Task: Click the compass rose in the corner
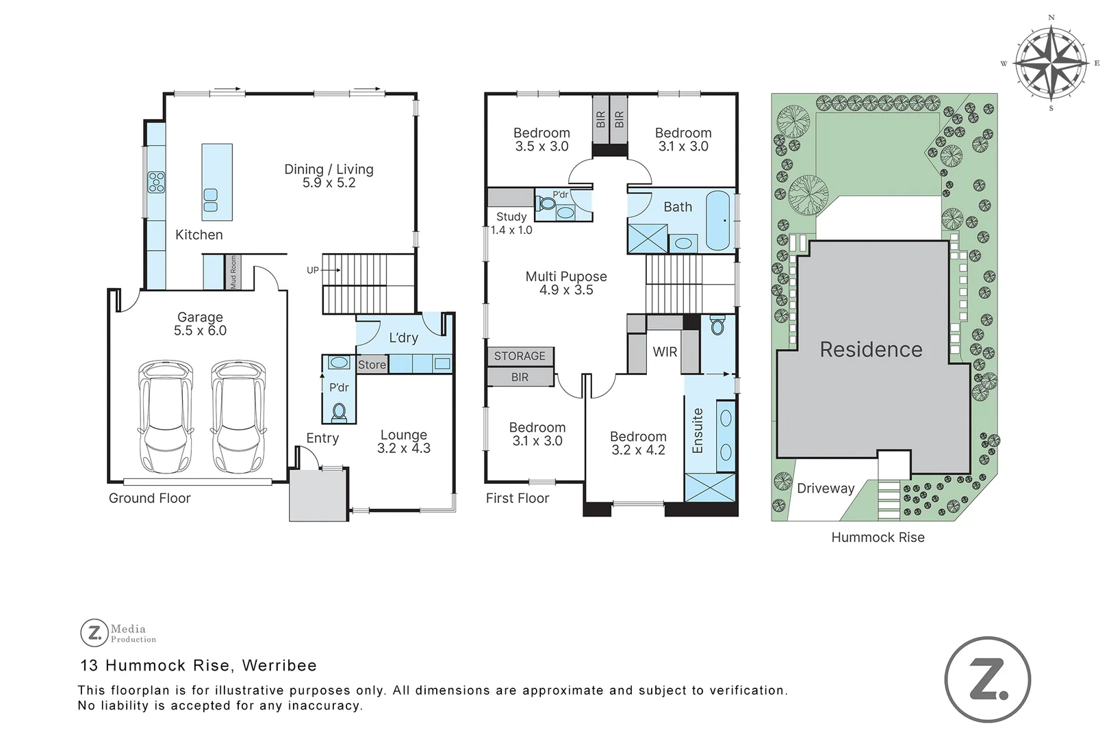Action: pos(1051,62)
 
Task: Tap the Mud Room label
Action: pos(233,272)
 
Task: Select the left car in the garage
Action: pos(165,417)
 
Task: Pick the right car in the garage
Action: pos(238,417)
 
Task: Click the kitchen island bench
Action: pos(216,181)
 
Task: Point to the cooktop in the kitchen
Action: pos(156,182)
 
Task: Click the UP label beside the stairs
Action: pos(312,270)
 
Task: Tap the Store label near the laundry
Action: pos(372,365)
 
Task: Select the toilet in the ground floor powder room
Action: pos(339,412)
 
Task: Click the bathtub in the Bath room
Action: pos(718,220)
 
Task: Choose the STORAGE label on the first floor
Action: pos(520,356)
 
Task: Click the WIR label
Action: pos(665,352)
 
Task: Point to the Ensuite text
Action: pos(698,430)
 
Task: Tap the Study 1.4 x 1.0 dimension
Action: pos(511,230)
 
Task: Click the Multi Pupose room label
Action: pos(566,276)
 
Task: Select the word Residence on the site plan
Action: pos(871,350)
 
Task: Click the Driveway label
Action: pos(826,489)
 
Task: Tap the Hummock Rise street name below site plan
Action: pos(878,538)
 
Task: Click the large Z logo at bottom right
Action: pos(988,680)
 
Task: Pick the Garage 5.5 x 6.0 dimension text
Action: pos(200,330)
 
